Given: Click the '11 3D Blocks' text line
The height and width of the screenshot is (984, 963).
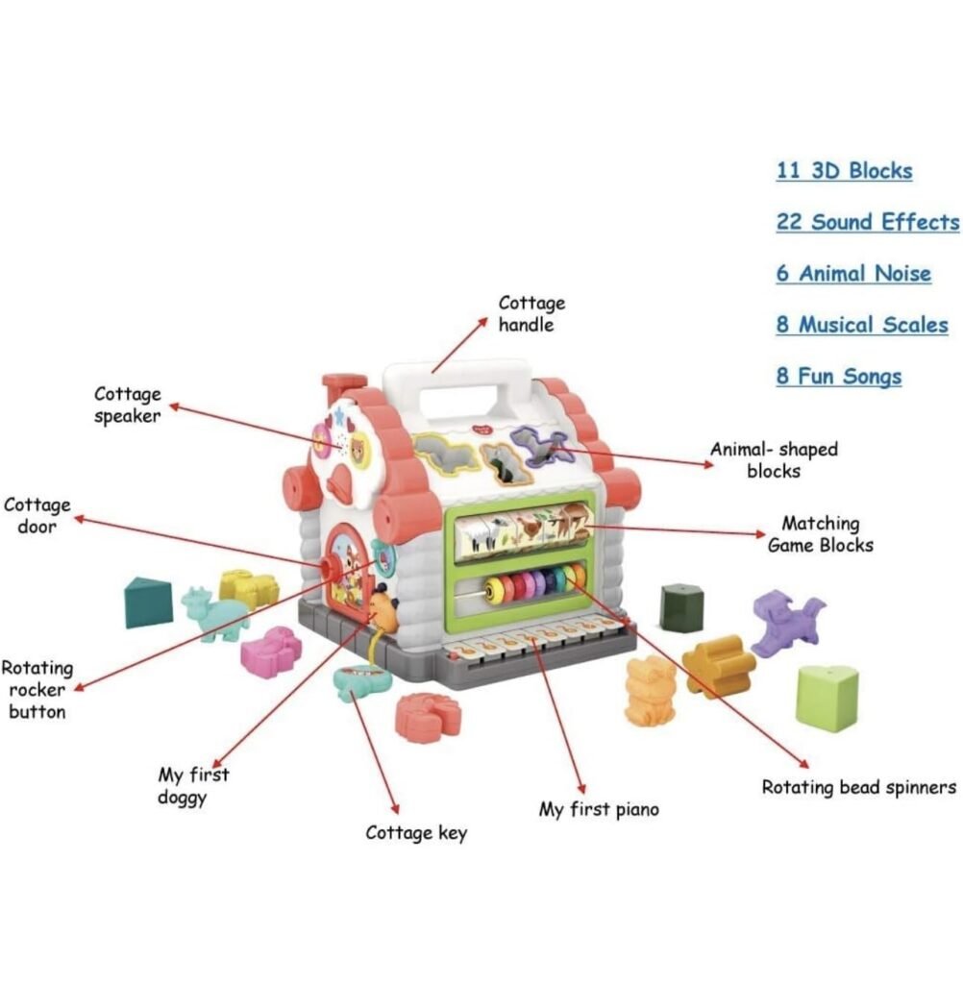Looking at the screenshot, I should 844,171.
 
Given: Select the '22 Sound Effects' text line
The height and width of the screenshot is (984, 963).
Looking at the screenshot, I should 867,222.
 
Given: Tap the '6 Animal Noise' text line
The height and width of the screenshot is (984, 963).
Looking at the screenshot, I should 853,273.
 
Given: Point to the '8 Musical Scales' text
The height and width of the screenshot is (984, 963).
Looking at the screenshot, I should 861,325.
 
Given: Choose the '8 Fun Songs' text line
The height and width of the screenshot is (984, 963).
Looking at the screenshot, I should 838,376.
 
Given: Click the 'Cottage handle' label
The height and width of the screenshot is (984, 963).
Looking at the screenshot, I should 531,314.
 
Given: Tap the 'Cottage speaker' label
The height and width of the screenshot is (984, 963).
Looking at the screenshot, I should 127,405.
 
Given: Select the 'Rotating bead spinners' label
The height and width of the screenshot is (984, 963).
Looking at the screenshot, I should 858,787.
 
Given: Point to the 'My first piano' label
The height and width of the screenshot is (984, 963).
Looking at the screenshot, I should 599,809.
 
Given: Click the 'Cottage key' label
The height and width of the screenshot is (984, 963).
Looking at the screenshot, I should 416,832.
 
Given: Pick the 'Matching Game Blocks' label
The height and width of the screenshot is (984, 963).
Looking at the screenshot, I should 820,534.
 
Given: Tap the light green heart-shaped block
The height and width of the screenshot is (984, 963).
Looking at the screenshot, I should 827,696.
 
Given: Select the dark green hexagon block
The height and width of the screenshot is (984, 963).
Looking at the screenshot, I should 681,607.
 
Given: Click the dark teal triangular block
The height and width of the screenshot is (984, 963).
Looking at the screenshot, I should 148,603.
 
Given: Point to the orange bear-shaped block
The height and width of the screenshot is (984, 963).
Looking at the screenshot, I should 651,689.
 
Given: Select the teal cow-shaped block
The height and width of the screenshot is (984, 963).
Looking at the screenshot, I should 213,612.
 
